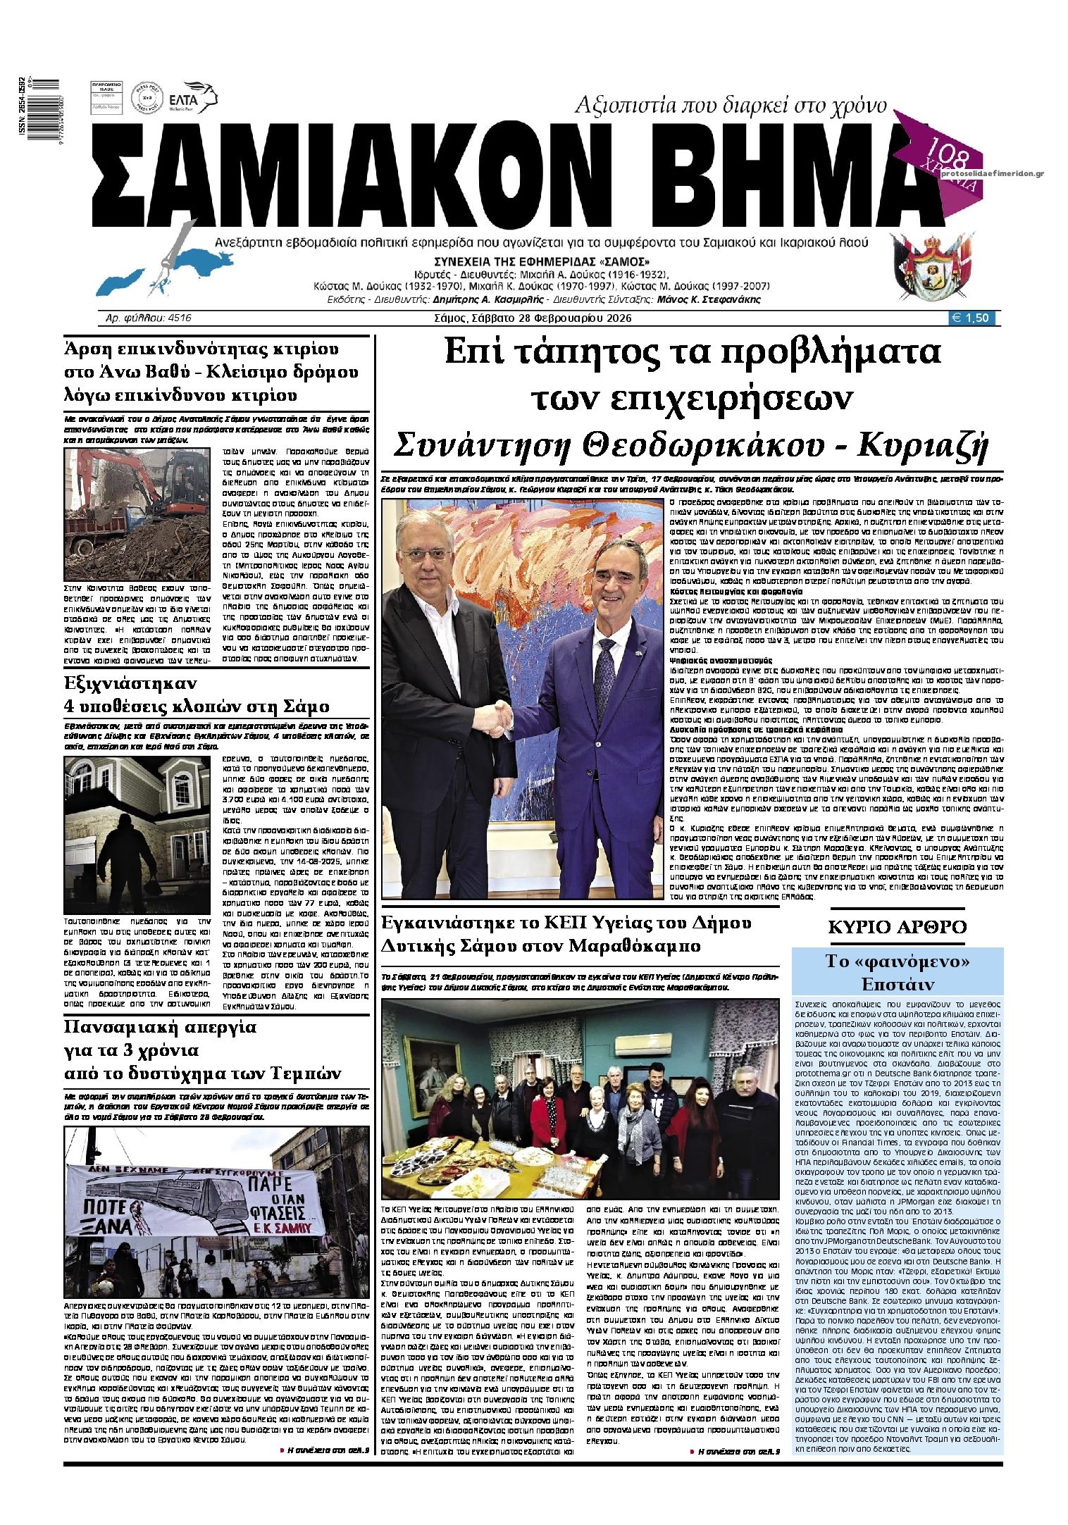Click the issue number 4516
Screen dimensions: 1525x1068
pos(179,318)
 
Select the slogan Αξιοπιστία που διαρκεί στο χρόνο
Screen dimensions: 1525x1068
pos(731,106)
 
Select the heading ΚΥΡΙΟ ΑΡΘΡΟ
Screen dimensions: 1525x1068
pos(897,927)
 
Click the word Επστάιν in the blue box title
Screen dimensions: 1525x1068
pos(898,983)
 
